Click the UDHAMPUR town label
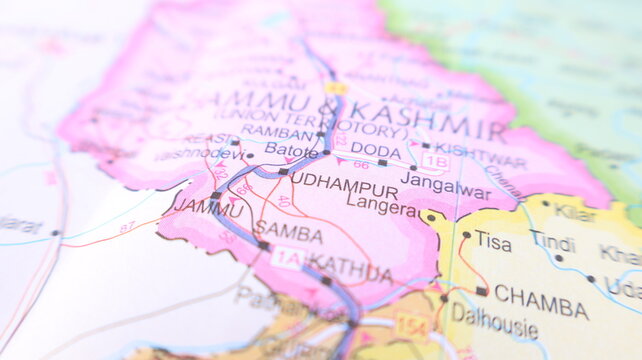tap(344, 188)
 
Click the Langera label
tap(382, 206)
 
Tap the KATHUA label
tap(349, 268)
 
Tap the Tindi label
tap(552, 242)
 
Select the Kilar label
tap(575, 213)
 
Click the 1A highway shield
tap(287, 258)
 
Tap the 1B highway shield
tap(434, 160)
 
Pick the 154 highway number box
tap(409, 326)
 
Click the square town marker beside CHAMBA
tap(482, 292)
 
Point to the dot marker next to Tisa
tap(466, 235)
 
